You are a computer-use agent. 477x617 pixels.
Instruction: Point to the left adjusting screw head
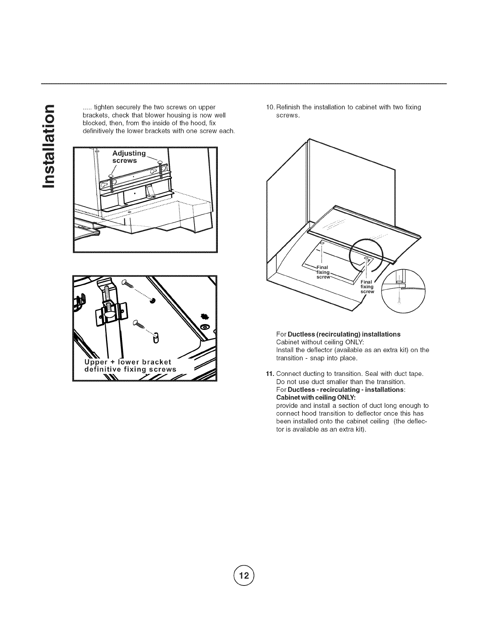tap(110, 176)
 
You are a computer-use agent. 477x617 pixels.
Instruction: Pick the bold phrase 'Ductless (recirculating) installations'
tap(344, 334)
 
